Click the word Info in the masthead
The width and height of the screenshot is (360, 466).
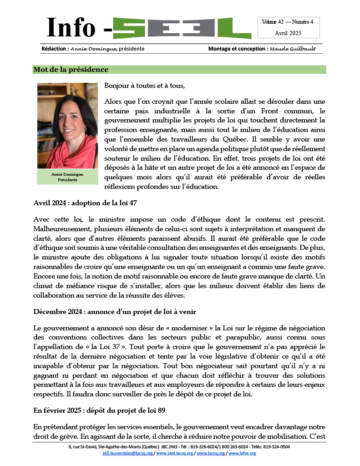tap(71, 28)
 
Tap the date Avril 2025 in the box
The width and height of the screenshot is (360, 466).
tap(289, 33)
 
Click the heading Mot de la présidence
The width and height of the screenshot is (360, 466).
tap(71, 70)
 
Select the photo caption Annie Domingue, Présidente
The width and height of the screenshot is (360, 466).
tap(67, 177)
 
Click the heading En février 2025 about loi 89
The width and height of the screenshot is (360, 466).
tap(99, 410)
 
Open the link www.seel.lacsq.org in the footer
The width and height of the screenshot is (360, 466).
tap(175, 453)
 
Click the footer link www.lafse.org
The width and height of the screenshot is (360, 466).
tap(243, 453)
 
